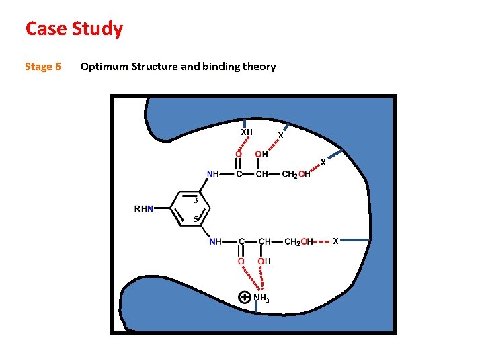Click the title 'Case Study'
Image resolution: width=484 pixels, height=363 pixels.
pos(74,29)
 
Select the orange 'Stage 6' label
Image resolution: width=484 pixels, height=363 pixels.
pos(43,66)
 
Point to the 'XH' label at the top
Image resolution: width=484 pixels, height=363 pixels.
pos(247,132)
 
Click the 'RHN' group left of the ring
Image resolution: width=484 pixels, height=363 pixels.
pos(145,209)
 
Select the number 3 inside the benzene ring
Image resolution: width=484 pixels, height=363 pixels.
pos(196,200)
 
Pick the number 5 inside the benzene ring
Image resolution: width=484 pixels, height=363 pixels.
pos(196,219)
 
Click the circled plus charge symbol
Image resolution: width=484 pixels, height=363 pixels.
pos(245,296)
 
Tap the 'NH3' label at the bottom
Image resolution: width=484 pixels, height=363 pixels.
pos(262,298)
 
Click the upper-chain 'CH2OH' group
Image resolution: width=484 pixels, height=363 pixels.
pos(296,175)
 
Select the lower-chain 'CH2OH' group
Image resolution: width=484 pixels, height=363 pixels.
pos(299,241)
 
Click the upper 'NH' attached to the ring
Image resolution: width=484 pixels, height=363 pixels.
pos(213,174)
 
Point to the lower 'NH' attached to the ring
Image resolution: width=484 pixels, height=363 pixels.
pos(215,241)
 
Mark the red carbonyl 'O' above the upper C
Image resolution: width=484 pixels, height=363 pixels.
pos(239,154)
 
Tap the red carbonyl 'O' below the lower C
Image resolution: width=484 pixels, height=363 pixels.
pos(241,261)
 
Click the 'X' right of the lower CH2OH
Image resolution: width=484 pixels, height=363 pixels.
pos(337,240)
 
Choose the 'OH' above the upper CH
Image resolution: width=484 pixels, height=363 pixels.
pos(262,154)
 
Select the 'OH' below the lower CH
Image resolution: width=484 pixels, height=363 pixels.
pos(264,261)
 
